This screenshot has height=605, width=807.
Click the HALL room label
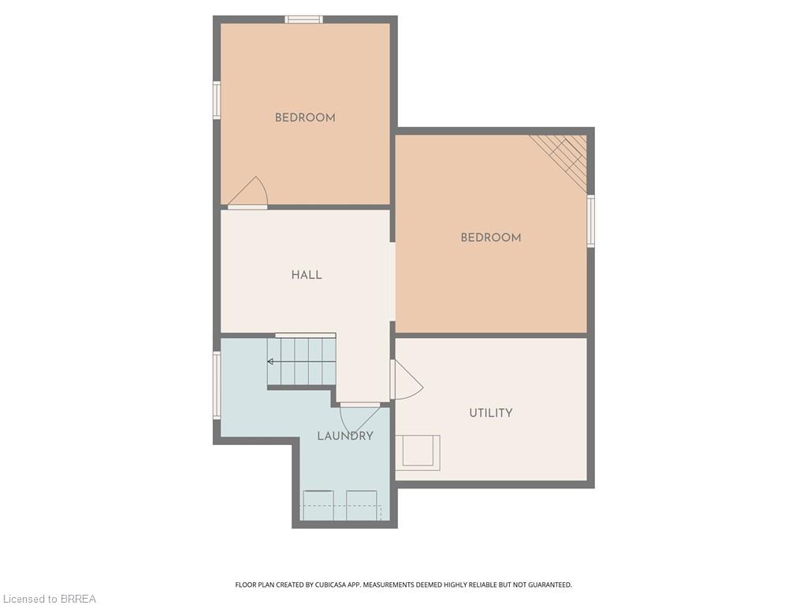pos(306,275)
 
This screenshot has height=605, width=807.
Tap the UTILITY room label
pos(490,413)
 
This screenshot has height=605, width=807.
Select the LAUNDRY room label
pos(345,436)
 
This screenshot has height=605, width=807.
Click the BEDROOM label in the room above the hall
pos(305,118)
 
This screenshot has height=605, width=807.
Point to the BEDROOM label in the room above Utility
pos(490,238)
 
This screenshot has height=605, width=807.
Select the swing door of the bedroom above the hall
pos(249,194)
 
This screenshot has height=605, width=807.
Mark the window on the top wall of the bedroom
pos(303,20)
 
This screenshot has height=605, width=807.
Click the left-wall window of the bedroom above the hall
pos(217,100)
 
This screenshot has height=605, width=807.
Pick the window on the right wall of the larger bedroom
pos(590,221)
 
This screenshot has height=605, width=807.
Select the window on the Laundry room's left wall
pos(217,384)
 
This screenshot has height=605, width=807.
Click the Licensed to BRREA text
pos(48,599)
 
